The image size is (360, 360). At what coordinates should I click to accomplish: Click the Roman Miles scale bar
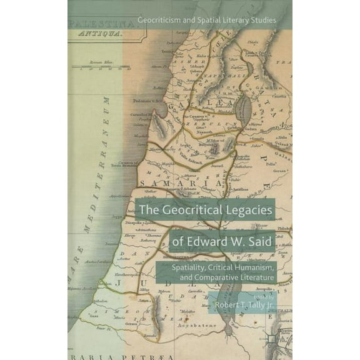coord(103,66)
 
